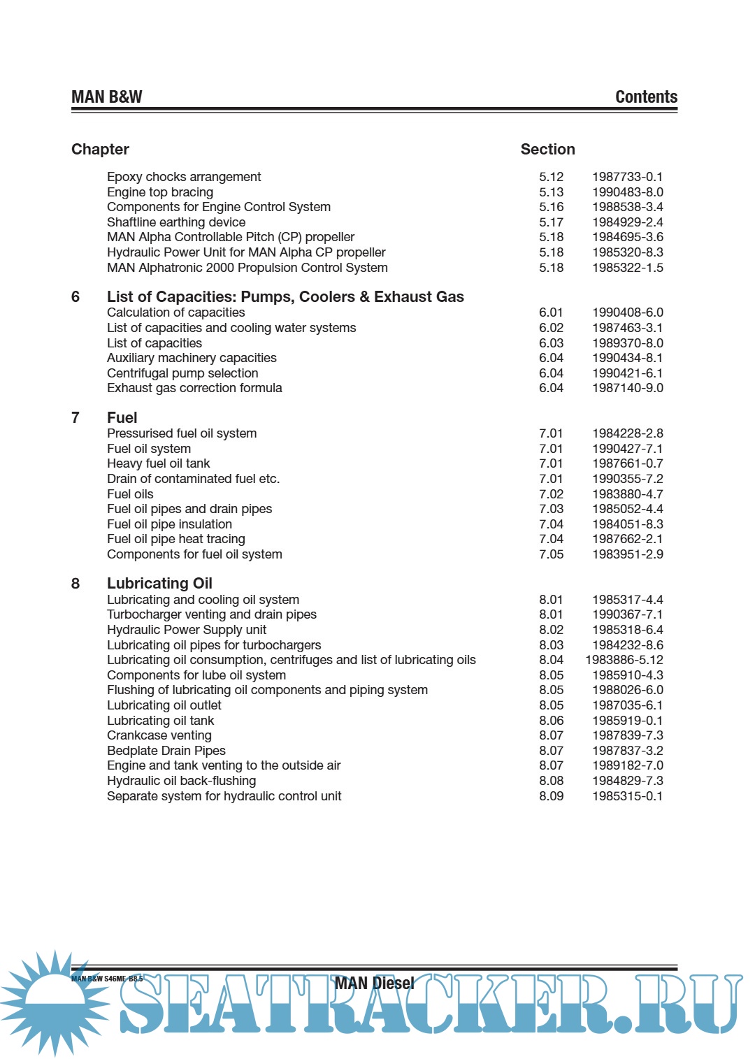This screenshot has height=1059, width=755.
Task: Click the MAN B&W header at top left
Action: [106, 97]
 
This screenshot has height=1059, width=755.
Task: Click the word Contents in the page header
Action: [646, 97]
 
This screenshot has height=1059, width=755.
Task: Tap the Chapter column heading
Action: [100, 150]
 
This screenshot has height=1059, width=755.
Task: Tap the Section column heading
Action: [547, 150]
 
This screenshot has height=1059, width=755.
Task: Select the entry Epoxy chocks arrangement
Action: [184, 177]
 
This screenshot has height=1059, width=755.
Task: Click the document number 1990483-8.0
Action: [627, 192]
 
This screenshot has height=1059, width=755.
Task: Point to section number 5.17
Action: [551, 222]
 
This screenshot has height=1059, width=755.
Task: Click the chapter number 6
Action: [75, 297]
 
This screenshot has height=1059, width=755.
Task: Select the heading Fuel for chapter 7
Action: [122, 418]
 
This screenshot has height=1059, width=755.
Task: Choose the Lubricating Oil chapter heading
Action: [159, 584]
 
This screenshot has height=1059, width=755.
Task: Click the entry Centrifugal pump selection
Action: [182, 373]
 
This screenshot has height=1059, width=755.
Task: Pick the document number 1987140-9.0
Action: [627, 388]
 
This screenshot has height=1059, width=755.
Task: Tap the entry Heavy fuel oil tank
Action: [159, 463]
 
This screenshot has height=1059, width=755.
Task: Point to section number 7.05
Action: [551, 554]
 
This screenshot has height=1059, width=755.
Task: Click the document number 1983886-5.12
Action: [624, 660]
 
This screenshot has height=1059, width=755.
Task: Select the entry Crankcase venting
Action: [159, 735]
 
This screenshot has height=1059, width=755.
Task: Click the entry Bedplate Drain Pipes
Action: [166, 751]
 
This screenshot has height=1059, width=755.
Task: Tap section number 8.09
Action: [551, 796]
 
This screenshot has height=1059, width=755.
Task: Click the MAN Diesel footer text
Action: [375, 984]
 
